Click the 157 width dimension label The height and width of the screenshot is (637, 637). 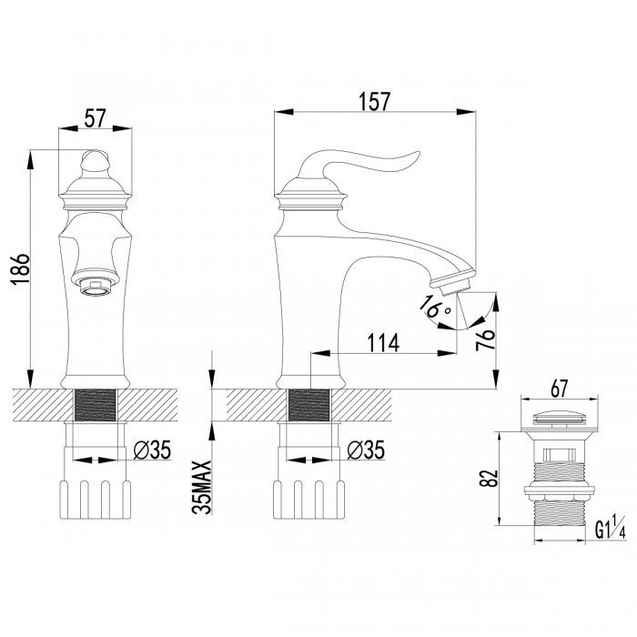coord(374,102)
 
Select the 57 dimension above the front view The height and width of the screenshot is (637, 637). coord(95,117)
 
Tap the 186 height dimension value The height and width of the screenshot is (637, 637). coord(20,269)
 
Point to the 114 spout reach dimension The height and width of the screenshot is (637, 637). coord(383,343)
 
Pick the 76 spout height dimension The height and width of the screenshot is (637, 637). coord(485,339)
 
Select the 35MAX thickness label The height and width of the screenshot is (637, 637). coord(202,487)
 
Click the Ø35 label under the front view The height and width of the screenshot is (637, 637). coord(152,450)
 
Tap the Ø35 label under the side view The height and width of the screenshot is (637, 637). coord(366,450)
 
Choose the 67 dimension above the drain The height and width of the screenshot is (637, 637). coord(559,389)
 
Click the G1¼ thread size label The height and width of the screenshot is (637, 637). coord(611,527)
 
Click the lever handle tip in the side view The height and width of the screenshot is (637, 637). coord(417,155)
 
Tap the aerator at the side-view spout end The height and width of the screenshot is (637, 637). coord(456,286)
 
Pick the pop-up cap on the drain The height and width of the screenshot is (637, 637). coord(559,418)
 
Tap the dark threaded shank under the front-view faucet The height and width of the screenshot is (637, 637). coord(96,405)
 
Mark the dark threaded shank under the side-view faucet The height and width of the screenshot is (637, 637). coord(308,405)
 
